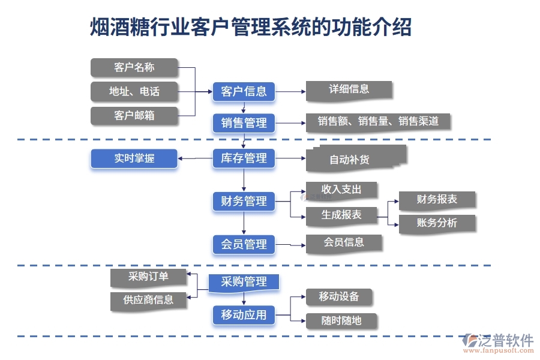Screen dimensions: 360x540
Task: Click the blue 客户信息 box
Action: point(244,92)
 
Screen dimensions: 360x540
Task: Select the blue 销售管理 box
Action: point(244,123)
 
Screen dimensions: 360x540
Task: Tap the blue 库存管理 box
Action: point(244,158)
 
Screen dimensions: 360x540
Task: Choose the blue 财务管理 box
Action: point(244,202)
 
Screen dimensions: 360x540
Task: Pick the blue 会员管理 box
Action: point(244,244)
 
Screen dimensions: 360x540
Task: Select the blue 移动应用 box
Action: point(244,314)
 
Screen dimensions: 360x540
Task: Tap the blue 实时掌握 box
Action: point(134,158)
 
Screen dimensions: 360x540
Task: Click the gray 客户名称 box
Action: point(134,68)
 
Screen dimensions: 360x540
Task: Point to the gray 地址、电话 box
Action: point(134,92)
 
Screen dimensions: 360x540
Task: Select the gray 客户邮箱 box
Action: point(134,116)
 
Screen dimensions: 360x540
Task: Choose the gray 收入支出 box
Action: point(341,190)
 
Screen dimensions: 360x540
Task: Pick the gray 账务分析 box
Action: point(437,223)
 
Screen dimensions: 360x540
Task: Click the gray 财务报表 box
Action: point(437,200)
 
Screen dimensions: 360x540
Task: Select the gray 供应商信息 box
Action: point(148,301)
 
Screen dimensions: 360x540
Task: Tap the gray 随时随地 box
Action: point(341,321)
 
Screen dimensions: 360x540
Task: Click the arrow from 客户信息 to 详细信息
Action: point(290,92)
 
